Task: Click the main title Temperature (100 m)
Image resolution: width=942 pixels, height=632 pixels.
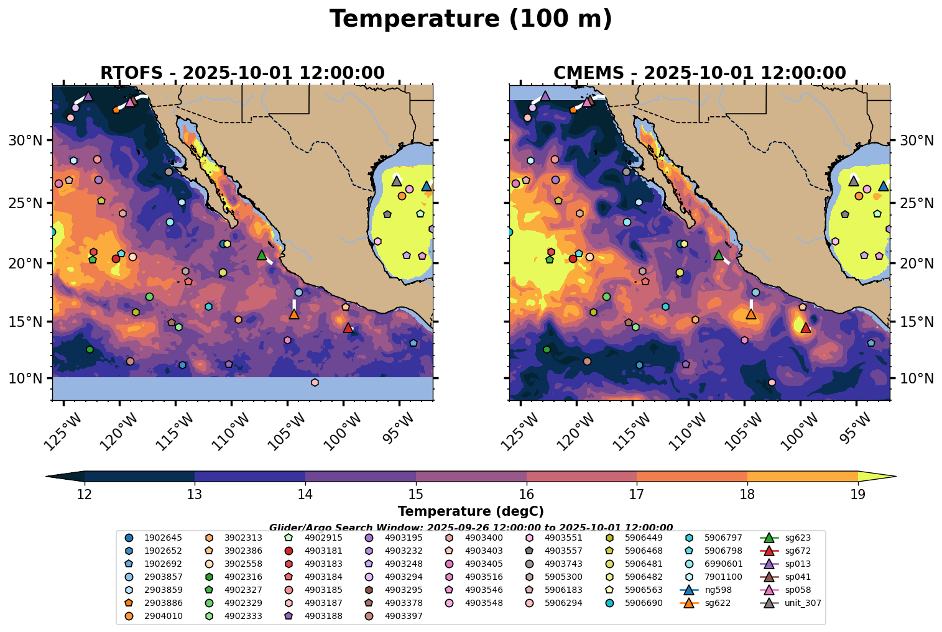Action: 471,19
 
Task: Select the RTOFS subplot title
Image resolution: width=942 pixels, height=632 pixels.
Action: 242,73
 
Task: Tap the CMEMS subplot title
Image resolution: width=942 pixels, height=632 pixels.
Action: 700,73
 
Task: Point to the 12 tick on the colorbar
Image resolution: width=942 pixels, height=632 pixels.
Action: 85,495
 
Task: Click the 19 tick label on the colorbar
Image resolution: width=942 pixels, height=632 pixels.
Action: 857,495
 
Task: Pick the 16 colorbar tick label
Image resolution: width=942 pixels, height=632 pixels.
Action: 526,495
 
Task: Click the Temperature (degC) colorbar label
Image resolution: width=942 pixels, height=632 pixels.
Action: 471,511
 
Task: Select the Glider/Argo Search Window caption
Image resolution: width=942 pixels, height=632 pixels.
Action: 471,528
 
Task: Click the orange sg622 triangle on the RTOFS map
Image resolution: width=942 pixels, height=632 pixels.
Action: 294,314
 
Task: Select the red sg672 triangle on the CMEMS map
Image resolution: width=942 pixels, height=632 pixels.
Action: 806,327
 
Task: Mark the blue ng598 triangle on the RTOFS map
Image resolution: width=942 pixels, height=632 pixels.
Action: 427,186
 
